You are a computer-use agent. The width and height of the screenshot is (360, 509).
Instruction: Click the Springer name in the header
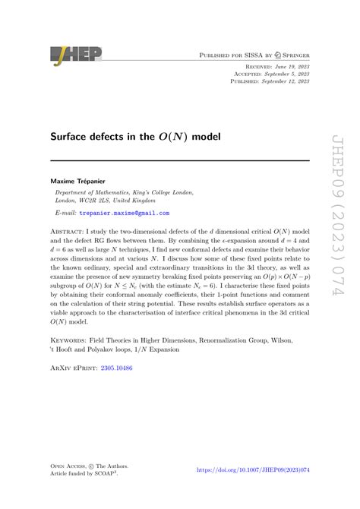click(x=295, y=55)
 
